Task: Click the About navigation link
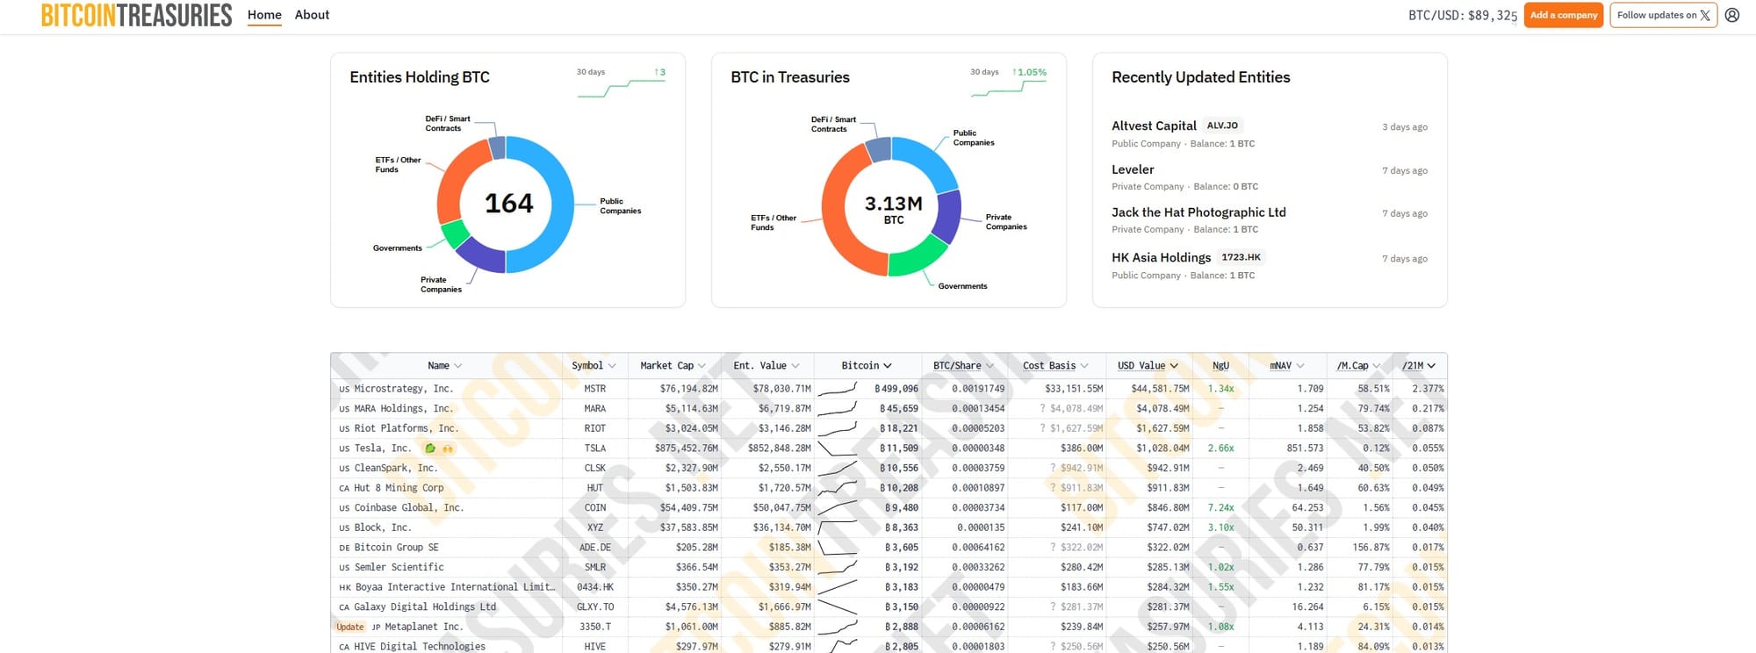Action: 312,15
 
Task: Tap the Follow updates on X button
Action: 1663,15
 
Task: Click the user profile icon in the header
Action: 1732,15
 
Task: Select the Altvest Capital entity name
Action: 1154,126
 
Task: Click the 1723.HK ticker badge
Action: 1241,257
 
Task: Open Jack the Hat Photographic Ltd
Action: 1198,212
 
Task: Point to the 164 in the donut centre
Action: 509,204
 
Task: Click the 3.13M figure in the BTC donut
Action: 893,204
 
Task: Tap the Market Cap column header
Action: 667,366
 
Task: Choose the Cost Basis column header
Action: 1049,366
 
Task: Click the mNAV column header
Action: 1281,366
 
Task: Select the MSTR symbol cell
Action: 594,389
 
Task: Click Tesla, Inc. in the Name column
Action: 382,448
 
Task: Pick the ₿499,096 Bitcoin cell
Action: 896,389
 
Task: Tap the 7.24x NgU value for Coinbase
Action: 1220,508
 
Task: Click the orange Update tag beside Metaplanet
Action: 349,627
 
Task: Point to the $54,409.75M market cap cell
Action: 688,508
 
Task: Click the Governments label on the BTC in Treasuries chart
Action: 962,286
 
